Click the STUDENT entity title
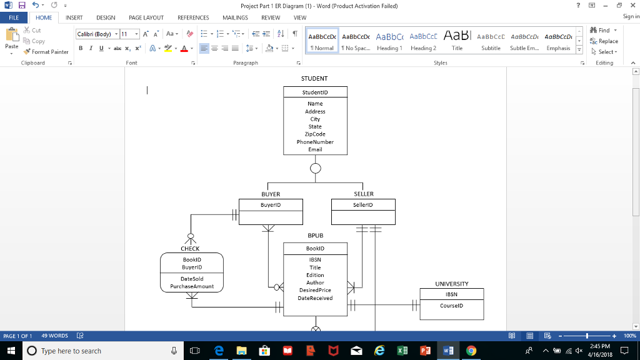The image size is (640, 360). click(x=315, y=79)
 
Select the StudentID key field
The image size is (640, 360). click(x=315, y=92)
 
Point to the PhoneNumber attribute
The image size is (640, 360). click(x=315, y=142)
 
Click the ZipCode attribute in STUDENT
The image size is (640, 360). click(x=315, y=134)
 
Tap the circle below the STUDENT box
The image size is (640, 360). click(x=316, y=168)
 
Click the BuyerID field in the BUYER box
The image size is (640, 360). click(x=271, y=205)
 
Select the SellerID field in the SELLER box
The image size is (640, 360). click(x=362, y=205)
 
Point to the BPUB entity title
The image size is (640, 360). click(x=315, y=236)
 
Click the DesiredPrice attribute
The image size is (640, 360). click(x=315, y=290)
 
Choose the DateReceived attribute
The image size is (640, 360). click(x=315, y=298)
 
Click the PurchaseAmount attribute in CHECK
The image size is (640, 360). click(x=192, y=286)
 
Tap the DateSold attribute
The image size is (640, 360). click(x=192, y=279)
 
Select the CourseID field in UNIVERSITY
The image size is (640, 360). click(x=451, y=306)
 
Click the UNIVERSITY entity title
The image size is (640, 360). click(x=451, y=284)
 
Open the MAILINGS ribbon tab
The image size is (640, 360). click(x=235, y=18)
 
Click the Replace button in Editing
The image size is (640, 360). click(x=604, y=41)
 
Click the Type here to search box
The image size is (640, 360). click(x=100, y=351)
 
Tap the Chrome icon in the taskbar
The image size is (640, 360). click(x=471, y=351)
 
